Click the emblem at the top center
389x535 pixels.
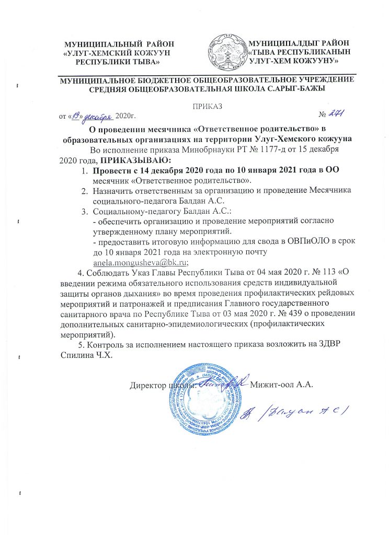(228, 52)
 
